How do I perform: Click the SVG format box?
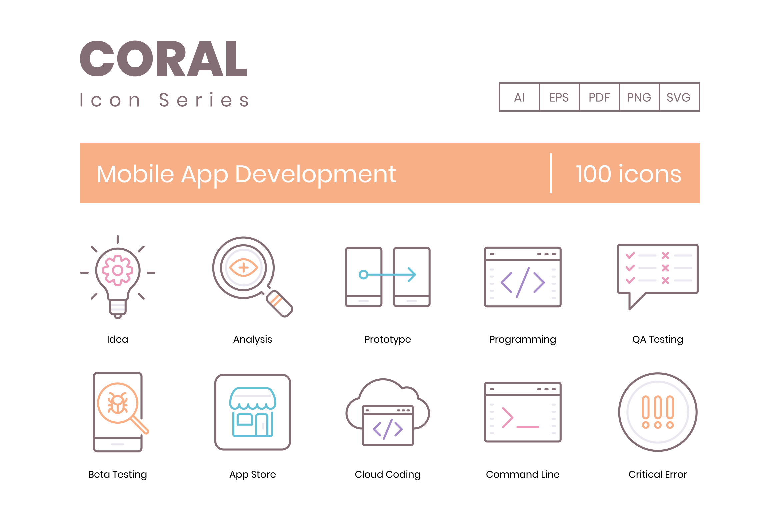coord(679,97)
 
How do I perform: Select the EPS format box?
coord(559,97)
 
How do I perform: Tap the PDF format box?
coord(599,97)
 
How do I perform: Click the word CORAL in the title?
coord(163,59)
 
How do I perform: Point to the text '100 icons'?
coord(628,174)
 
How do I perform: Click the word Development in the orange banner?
coord(315,175)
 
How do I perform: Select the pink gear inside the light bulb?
coord(117,270)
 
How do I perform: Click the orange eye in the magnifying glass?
coord(243,267)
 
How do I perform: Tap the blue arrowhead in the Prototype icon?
coord(412,275)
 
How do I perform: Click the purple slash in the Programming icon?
coord(523,282)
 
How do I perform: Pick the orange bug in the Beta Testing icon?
coord(117,403)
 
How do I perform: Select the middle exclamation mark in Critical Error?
coord(658,412)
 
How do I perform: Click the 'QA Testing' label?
coord(658,339)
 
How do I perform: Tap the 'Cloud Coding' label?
coord(388,474)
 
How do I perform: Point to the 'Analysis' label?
coord(253,339)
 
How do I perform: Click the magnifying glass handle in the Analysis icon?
coord(279,304)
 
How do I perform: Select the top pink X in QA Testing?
coord(665,256)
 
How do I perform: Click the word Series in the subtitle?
coord(204,100)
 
